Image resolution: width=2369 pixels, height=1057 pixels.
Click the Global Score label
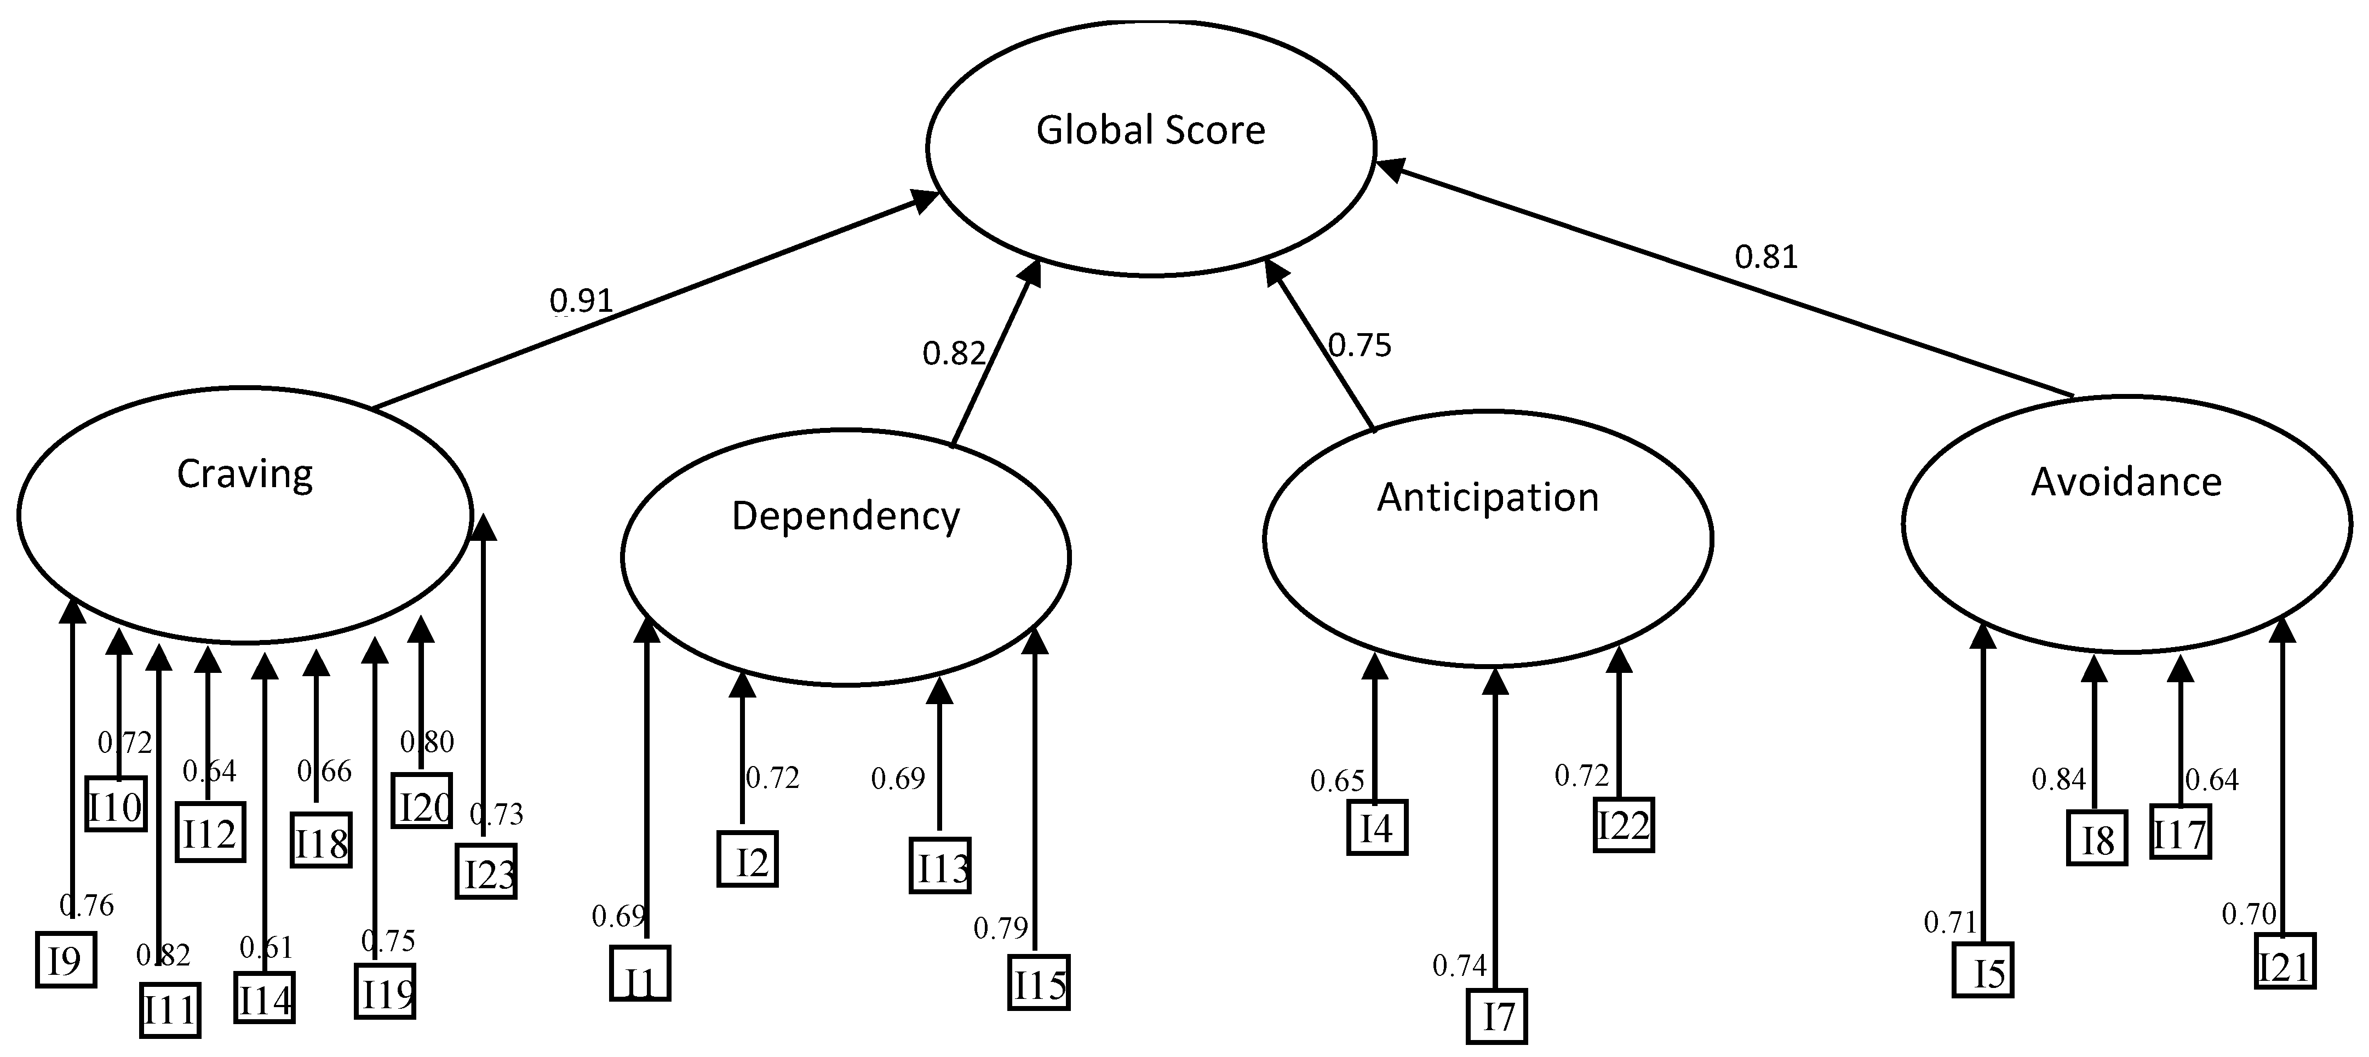(x=1150, y=130)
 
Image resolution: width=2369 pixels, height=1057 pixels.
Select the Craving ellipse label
(x=245, y=475)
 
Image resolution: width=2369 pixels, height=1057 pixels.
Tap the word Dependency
(x=845, y=516)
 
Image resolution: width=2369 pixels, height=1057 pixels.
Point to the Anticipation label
(x=1487, y=498)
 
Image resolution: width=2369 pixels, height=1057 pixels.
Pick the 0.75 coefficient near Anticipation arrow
(x=1360, y=346)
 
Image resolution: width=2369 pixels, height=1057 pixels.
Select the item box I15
(x=1039, y=984)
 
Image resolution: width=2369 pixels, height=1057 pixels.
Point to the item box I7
(x=1496, y=1016)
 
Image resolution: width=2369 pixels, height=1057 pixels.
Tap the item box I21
(x=2285, y=962)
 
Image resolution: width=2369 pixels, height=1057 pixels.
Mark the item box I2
(x=748, y=859)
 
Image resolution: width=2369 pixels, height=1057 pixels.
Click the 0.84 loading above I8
(x=2058, y=780)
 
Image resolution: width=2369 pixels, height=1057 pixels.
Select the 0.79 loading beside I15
(x=1001, y=928)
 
